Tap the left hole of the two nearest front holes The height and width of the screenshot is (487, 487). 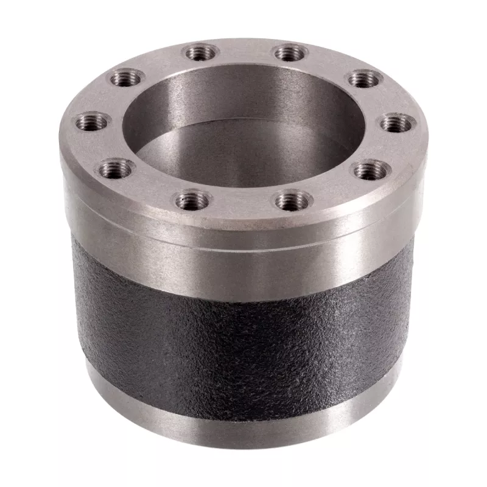[194, 200]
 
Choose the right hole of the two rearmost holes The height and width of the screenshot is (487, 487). [290, 52]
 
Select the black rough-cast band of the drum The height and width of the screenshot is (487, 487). [243, 341]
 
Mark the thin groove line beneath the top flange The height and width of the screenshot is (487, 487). [243, 239]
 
